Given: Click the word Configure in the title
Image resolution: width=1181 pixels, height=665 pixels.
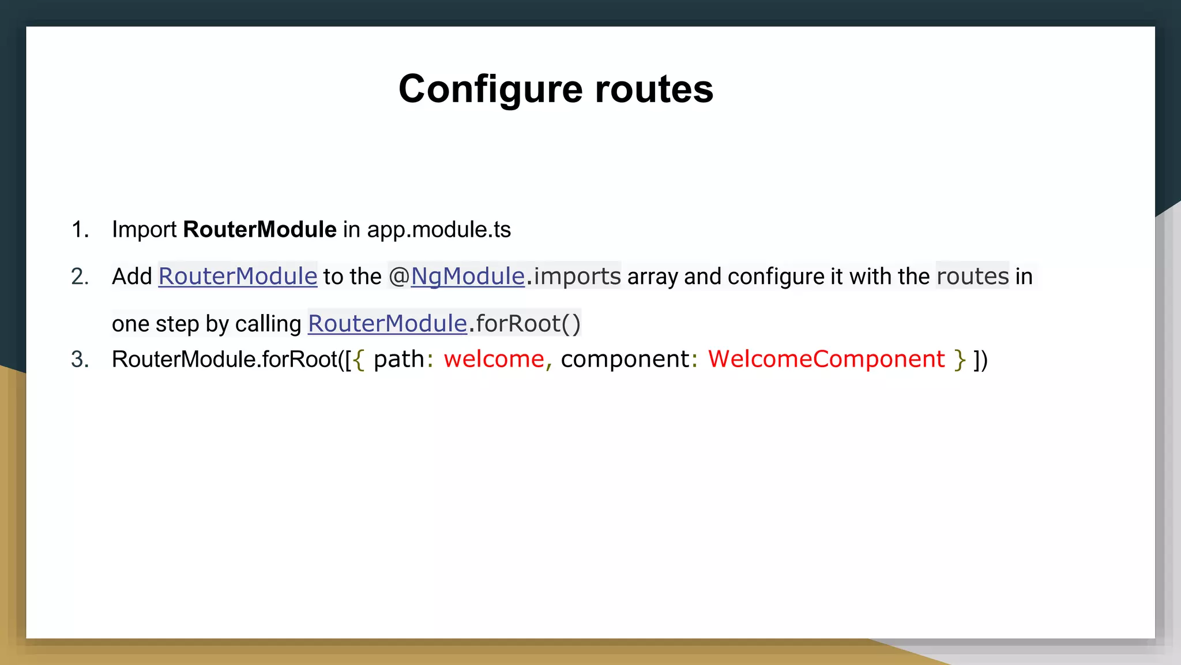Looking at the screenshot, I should click(x=491, y=90).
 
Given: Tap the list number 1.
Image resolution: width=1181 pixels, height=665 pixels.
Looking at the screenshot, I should click(x=80, y=230).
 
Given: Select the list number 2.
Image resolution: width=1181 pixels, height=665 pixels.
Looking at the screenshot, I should click(x=80, y=277).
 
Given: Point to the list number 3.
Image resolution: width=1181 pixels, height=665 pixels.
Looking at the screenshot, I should click(x=80, y=359).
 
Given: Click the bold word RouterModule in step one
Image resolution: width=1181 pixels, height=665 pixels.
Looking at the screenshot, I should click(x=259, y=230).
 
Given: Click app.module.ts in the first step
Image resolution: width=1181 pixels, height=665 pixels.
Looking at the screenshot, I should click(x=439, y=230).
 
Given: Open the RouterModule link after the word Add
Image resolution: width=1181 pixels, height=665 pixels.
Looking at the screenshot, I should click(x=238, y=277).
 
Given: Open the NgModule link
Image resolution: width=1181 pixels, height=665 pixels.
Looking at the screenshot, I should click(x=467, y=277).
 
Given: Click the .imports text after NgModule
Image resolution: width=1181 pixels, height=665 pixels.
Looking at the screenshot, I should click(x=574, y=277).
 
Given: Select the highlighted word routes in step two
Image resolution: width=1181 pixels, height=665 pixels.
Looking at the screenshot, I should click(x=972, y=277).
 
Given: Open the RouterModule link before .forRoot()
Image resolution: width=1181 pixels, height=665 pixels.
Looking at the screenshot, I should click(x=387, y=324).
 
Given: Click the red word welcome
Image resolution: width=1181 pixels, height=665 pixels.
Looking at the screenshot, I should click(x=494, y=359).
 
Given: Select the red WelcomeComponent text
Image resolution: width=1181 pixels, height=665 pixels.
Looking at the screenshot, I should click(x=826, y=359).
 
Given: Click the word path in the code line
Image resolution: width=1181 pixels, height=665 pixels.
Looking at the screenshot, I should click(x=398, y=359).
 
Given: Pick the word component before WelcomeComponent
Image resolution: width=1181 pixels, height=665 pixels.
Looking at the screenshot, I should click(x=625, y=359).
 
